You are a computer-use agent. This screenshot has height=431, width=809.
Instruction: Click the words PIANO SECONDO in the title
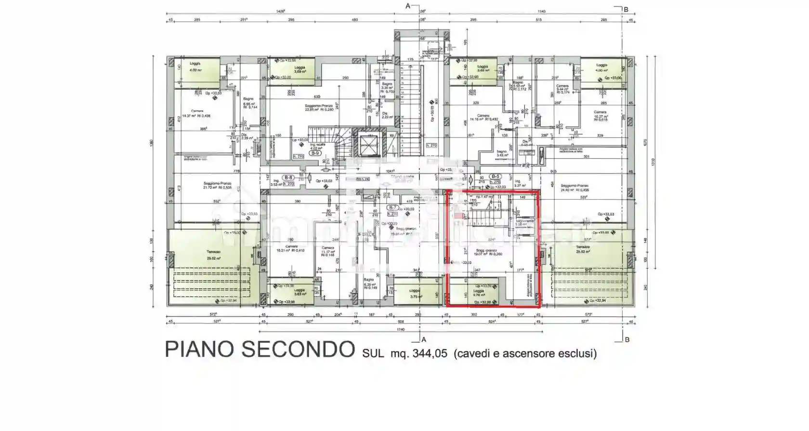point(260,349)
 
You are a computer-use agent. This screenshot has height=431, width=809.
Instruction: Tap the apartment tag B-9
point(315,153)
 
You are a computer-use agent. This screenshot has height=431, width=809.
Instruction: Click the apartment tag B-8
point(288,177)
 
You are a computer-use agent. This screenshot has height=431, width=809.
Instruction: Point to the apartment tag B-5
point(495,176)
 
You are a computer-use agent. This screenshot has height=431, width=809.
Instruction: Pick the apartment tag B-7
point(392,208)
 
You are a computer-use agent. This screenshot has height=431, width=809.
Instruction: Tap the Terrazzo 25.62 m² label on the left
point(213,255)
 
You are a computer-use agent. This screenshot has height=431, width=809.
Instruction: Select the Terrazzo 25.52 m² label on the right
point(583,249)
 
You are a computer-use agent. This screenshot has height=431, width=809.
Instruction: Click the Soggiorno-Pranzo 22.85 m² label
point(319,108)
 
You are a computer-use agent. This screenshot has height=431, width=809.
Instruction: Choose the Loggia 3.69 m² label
point(300,69)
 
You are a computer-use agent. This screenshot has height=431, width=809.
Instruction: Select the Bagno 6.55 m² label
point(248,101)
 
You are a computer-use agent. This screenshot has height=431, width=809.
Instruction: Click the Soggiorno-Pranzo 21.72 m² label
point(217,185)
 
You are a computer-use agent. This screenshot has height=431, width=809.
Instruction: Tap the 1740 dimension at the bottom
point(401,330)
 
